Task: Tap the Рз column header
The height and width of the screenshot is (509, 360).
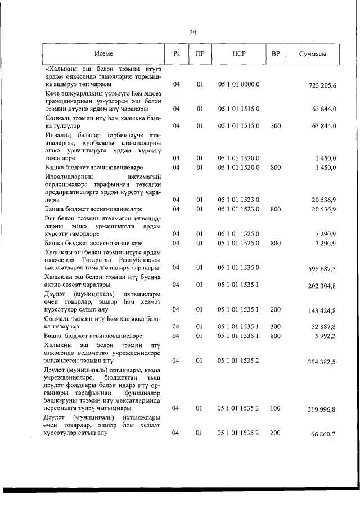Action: [x=176, y=54]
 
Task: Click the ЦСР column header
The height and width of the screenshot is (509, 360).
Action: [x=238, y=54]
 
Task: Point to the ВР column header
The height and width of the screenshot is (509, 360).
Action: [x=275, y=54]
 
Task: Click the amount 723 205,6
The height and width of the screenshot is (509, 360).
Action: [x=323, y=85]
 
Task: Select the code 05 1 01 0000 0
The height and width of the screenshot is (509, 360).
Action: [x=238, y=84]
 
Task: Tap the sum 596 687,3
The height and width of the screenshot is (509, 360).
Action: [x=322, y=269]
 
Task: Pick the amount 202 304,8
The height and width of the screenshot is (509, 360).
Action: [x=322, y=286]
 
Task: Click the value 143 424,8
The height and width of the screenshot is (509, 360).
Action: [x=322, y=310]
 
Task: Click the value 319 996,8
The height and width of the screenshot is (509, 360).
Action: [x=322, y=410]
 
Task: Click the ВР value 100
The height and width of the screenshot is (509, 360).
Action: [x=275, y=408]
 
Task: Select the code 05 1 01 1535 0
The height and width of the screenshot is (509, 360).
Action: [x=238, y=268]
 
